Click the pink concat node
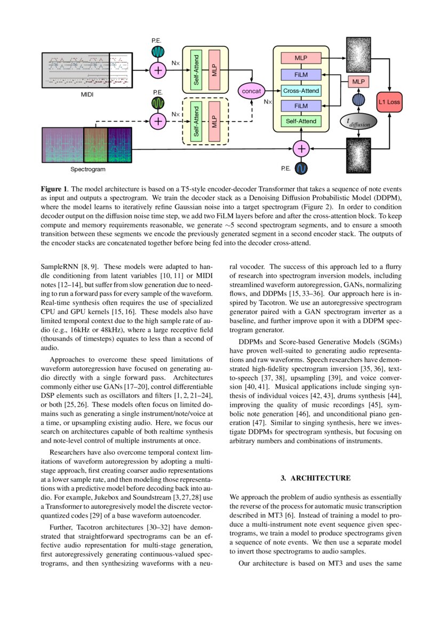tap(252, 91)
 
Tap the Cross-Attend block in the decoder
tap(301, 91)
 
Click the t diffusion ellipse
tap(358, 122)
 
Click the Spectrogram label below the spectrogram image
tap(88, 169)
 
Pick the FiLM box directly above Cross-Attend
tap(301, 75)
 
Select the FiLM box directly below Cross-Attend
tap(301, 106)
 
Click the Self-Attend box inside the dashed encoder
tap(196, 121)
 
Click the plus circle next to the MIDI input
tap(158, 70)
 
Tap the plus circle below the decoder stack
tap(302, 148)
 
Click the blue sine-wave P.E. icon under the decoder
tap(302, 169)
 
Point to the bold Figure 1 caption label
tap(55, 189)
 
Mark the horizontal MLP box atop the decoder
tap(301, 57)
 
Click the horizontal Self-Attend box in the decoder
tap(301, 122)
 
